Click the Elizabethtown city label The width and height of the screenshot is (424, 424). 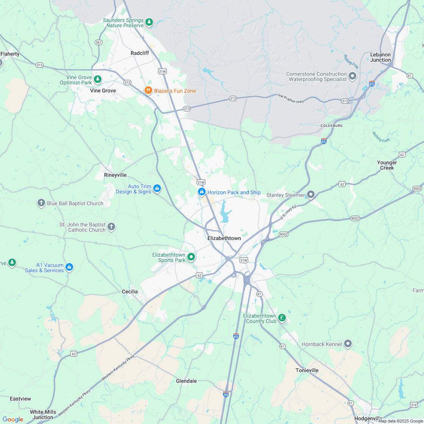tap(224, 238)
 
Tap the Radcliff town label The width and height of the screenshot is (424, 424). tap(140, 53)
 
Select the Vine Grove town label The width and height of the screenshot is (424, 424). tap(103, 90)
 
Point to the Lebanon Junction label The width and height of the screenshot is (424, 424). tap(380, 57)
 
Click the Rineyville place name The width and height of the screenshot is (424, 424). tap(115, 175)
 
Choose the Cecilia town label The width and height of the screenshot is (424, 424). tap(130, 291)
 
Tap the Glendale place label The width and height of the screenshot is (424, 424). tap(186, 381)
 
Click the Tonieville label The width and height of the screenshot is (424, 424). tap(307, 370)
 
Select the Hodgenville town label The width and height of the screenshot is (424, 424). tap(368, 418)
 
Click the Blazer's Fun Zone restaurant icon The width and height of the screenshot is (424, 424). tap(148, 91)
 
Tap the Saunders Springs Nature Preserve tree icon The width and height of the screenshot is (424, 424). tap(150, 22)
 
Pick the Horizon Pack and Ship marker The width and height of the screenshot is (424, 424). tap(202, 192)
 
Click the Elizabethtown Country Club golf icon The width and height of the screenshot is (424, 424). tap(282, 318)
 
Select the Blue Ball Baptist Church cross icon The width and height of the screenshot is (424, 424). tap(41, 203)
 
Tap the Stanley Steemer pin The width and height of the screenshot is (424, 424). tap(311, 195)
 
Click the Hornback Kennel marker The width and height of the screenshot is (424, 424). tap(348, 344)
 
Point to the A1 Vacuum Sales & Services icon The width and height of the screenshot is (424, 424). tap(69, 267)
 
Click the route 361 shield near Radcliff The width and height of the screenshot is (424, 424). tap(98, 42)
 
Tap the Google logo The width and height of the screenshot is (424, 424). tap(12, 419)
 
